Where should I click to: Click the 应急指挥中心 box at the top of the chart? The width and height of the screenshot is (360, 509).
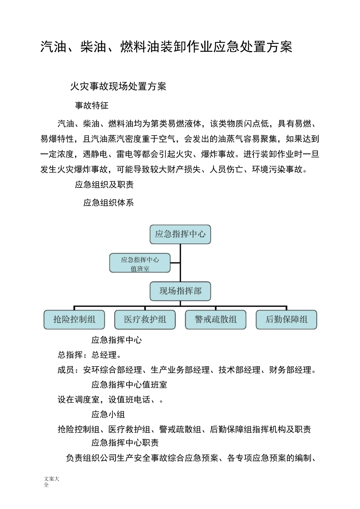click(x=180, y=234)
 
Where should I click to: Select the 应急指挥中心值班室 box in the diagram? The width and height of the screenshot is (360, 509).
click(x=140, y=264)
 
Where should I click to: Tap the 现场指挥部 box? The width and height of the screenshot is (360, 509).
click(x=180, y=291)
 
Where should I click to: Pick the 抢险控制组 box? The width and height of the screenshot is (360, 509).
click(x=74, y=320)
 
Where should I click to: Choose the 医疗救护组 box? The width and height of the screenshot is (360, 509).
click(x=145, y=320)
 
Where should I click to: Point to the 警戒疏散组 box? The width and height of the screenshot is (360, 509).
click(x=216, y=320)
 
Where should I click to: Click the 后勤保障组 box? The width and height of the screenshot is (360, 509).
click(x=286, y=320)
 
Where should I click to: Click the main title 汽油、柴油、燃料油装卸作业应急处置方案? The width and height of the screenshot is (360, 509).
click(x=166, y=47)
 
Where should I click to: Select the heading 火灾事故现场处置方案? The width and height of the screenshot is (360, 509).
click(x=118, y=86)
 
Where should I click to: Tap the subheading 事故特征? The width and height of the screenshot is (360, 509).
click(x=92, y=105)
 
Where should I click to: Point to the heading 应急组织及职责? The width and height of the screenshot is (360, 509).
click(x=104, y=184)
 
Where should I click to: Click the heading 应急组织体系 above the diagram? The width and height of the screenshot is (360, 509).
click(x=108, y=203)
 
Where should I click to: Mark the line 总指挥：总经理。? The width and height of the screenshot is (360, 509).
click(x=90, y=355)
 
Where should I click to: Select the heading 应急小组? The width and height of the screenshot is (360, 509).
click(x=108, y=414)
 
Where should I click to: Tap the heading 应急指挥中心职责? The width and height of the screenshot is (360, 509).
click(x=125, y=442)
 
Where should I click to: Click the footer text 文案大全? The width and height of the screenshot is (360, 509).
click(x=52, y=482)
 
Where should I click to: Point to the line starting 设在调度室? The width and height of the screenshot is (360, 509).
click(x=111, y=400)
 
